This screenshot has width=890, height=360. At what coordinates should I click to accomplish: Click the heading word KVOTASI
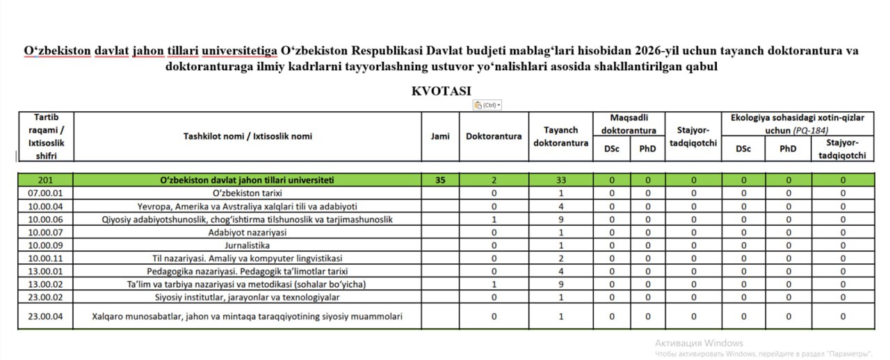pos(441,91)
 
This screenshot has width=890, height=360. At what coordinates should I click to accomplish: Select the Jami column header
pos(440,136)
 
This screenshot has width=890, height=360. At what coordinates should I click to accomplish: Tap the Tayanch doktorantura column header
pos(560,136)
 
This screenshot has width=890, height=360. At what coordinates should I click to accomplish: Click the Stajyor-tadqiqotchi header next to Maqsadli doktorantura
pos(693,136)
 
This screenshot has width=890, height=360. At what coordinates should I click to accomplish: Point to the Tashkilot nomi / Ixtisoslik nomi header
pos(247,136)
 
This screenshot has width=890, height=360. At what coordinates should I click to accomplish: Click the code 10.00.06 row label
pos(45,219)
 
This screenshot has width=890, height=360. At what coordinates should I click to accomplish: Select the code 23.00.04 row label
pos(45,316)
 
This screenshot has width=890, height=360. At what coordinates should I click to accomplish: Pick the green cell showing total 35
pos(440,180)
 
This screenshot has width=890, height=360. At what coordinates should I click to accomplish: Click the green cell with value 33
pos(560,180)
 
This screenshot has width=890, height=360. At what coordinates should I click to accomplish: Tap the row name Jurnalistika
pos(247,245)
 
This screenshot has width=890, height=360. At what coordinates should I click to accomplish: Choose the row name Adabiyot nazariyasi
pos(247,232)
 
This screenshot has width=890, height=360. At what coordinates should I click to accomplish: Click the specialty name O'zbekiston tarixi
pos(247,193)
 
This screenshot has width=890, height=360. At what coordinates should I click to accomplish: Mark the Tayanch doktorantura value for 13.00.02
pos(560,284)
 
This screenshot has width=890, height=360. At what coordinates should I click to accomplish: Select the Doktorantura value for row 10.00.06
pos(494,219)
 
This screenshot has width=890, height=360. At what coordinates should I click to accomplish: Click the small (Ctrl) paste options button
pos(487,105)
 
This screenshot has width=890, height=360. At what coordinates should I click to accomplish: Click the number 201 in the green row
pos(45,180)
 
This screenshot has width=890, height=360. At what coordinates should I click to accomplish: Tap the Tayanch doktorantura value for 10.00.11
pos(560,258)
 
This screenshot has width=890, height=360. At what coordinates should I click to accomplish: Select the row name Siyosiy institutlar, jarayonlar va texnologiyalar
pos(247,297)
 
